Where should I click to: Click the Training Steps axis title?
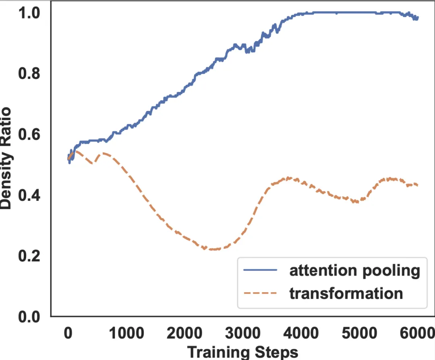pos(243,352)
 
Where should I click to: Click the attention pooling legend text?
pos(354,271)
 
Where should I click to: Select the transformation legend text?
pos(346,293)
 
